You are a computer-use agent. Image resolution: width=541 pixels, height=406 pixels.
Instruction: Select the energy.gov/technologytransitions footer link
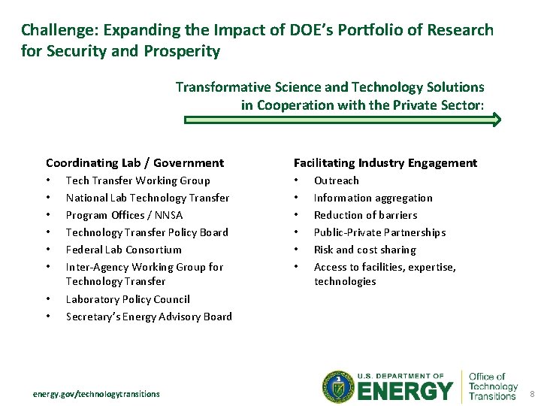pyautogui.click(x=96, y=393)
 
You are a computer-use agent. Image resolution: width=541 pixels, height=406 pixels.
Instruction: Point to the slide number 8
pyautogui.click(x=531, y=394)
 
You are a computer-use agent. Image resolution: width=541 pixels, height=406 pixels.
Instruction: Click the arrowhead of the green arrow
pyautogui.click(x=496, y=120)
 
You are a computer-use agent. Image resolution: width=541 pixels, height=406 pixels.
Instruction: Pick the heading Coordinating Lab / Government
pyautogui.click(x=134, y=162)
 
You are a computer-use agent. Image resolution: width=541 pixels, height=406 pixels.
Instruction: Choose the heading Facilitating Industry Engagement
pyautogui.click(x=385, y=162)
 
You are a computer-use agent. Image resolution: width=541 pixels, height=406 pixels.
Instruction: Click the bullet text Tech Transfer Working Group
pyautogui.click(x=138, y=180)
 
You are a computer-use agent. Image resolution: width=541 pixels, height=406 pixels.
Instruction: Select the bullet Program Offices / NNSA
pyautogui.click(x=124, y=215)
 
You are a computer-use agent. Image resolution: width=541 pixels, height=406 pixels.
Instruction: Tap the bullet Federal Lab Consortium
pyautogui.click(x=123, y=250)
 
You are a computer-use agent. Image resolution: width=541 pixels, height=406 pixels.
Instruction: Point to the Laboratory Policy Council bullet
pyautogui.click(x=128, y=299)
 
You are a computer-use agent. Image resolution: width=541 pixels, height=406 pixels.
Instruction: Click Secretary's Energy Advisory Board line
pyautogui.click(x=149, y=317)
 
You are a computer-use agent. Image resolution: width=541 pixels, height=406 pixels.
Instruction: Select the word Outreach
pyautogui.click(x=336, y=180)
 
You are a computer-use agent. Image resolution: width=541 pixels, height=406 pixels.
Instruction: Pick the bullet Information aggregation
pyautogui.click(x=373, y=198)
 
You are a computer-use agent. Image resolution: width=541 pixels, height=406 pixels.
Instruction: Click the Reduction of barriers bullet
pyautogui.click(x=365, y=215)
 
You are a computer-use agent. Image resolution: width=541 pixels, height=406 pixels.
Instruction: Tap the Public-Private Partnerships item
pyautogui.click(x=379, y=232)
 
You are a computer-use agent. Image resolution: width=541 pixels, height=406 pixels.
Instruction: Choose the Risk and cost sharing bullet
pyautogui.click(x=364, y=250)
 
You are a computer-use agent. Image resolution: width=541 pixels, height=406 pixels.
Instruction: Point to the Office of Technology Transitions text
pyautogui.click(x=493, y=386)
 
